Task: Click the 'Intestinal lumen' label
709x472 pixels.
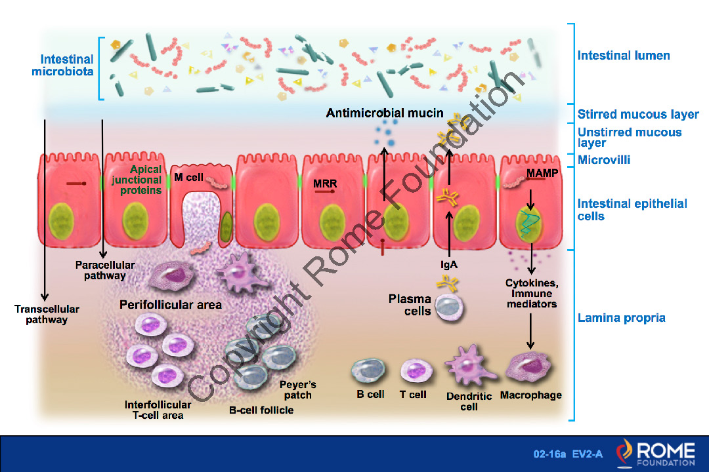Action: pyautogui.click(x=624, y=56)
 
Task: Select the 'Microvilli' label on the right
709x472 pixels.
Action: pyautogui.click(x=604, y=160)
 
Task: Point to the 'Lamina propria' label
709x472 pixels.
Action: pyautogui.click(x=621, y=319)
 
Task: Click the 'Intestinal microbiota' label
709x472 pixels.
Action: pyautogui.click(x=62, y=65)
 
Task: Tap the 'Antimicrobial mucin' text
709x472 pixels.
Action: pyautogui.click(x=385, y=113)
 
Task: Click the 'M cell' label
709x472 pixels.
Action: pyautogui.click(x=188, y=178)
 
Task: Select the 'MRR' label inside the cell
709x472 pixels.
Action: pyautogui.click(x=325, y=184)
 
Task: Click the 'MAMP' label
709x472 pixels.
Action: pyautogui.click(x=542, y=173)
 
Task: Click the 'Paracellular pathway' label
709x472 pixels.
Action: pyautogui.click(x=105, y=270)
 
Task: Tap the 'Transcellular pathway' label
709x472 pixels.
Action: pyautogui.click(x=41, y=315)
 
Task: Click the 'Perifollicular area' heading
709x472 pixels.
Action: pyautogui.click(x=171, y=305)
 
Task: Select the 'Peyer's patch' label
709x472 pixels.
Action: pyautogui.click(x=298, y=389)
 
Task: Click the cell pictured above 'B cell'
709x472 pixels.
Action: pyautogui.click(x=370, y=371)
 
